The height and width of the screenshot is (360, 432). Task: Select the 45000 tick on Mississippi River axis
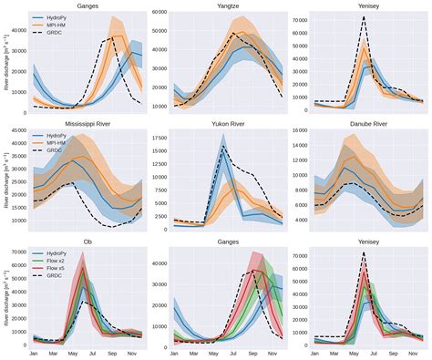(15, 130)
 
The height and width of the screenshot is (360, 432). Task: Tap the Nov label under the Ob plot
(130, 353)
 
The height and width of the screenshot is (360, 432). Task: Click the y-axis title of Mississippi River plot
(5, 178)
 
